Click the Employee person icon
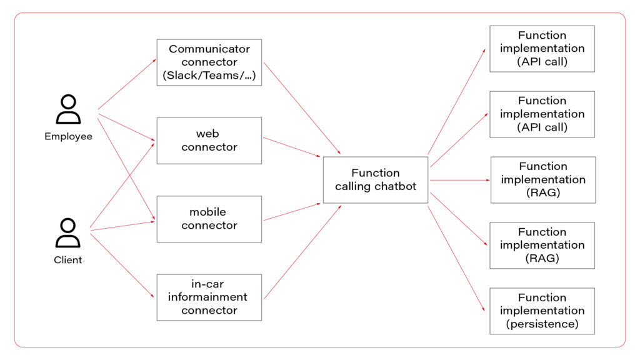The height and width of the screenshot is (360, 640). click(x=68, y=110)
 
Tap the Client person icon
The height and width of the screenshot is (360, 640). click(x=68, y=233)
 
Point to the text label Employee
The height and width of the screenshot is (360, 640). click(x=68, y=136)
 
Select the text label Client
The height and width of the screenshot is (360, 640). click(x=68, y=259)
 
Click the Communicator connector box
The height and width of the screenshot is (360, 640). click(x=209, y=62)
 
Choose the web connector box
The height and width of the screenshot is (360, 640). click(x=209, y=141)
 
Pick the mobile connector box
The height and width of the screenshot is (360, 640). click(x=209, y=219)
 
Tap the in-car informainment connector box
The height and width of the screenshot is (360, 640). click(x=209, y=297)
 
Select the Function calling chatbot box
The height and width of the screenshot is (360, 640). click(x=375, y=180)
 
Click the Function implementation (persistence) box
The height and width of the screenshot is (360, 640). click(x=541, y=311)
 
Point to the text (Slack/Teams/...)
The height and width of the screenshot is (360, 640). click(x=209, y=76)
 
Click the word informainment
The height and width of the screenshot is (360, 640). click(x=209, y=297)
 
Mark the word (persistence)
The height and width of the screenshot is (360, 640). click(x=542, y=324)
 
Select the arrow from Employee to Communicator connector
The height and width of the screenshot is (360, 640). click(x=127, y=84)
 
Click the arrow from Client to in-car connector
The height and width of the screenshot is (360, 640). click(x=122, y=263)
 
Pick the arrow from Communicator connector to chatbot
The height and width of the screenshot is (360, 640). click(x=302, y=109)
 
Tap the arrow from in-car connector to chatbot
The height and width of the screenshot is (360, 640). click(x=302, y=251)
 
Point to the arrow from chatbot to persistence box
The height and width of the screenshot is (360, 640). click(x=456, y=259)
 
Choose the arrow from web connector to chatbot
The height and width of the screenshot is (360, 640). click(x=292, y=146)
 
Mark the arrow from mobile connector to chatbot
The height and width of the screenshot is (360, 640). click(x=292, y=211)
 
